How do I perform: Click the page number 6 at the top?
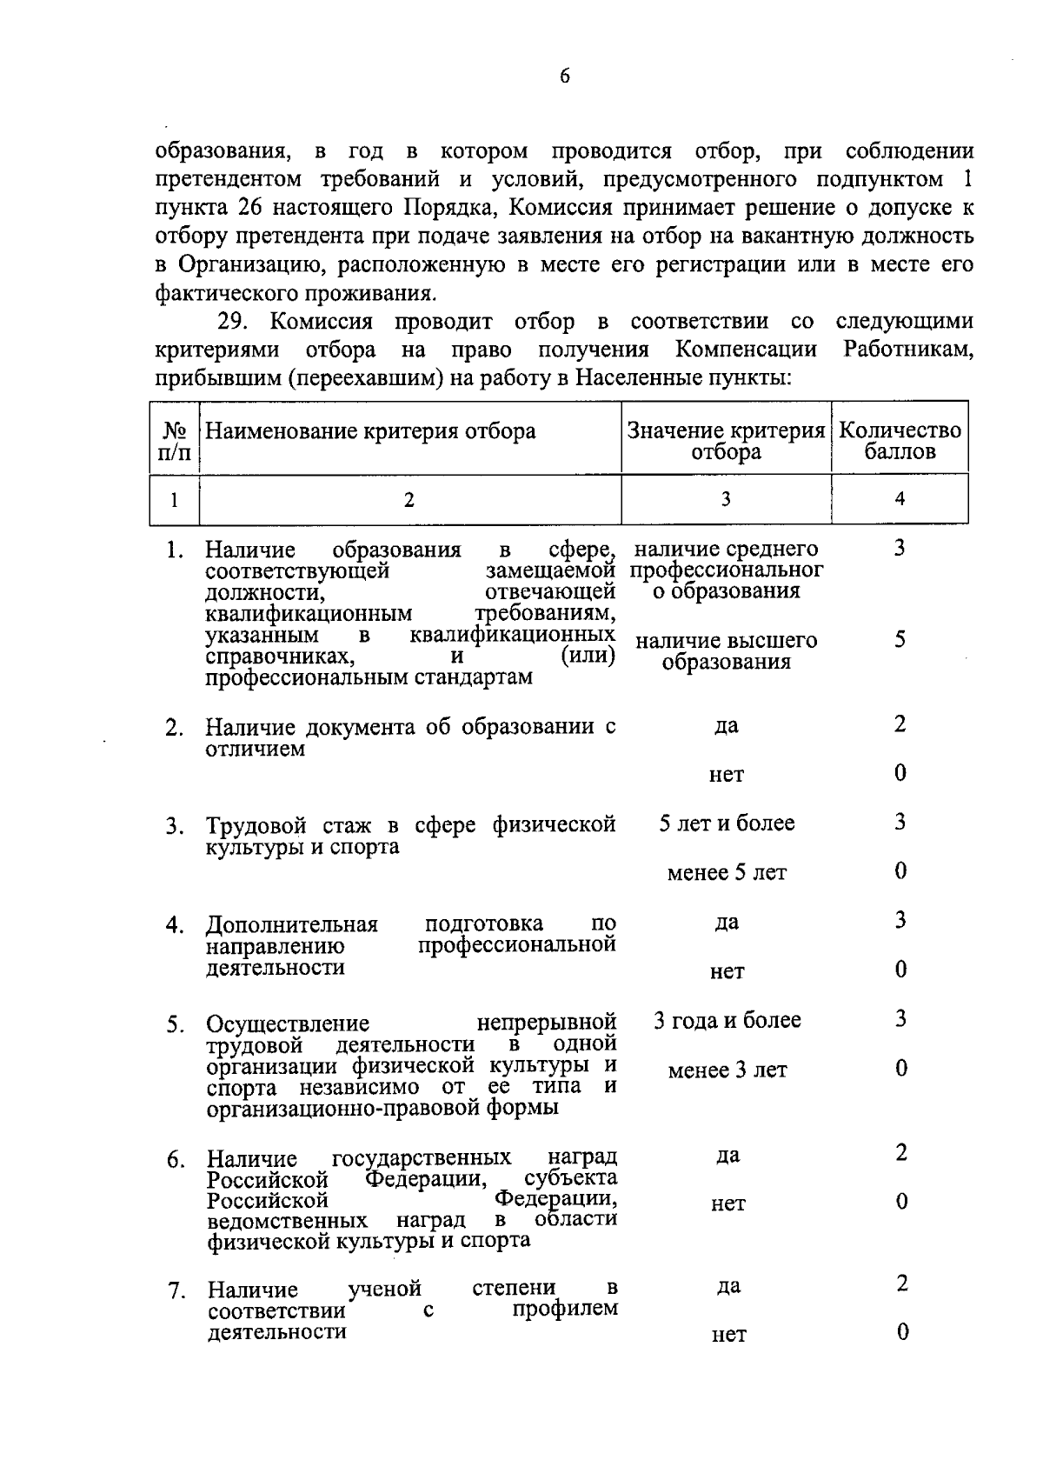click(x=564, y=77)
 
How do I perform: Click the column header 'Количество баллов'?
click(x=900, y=441)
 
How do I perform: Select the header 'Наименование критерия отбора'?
click(x=370, y=431)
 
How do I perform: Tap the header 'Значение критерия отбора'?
click(x=726, y=441)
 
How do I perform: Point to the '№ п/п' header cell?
click(x=175, y=442)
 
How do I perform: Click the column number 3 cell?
click(x=726, y=499)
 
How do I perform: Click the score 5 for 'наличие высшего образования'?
click(x=900, y=640)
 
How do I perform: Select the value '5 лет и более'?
click(x=727, y=823)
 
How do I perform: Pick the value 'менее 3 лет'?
click(x=727, y=1070)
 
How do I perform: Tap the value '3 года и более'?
click(x=727, y=1020)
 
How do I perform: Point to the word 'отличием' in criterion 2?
click(x=255, y=749)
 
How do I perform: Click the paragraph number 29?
click(x=233, y=322)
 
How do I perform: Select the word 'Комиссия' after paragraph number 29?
click(x=321, y=322)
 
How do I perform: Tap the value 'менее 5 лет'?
click(x=727, y=872)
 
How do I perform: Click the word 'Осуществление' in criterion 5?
click(x=288, y=1023)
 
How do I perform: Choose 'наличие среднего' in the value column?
click(x=727, y=549)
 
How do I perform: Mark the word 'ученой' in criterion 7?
click(x=385, y=1288)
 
